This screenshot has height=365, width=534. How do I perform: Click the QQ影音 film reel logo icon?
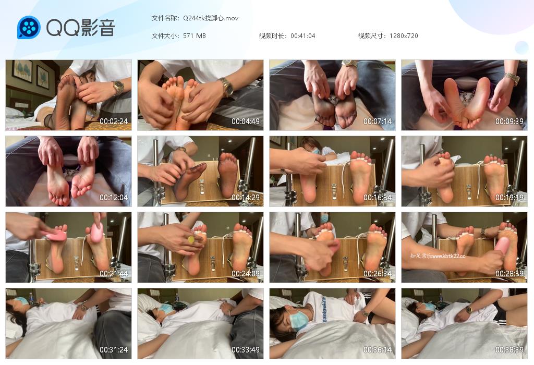29,28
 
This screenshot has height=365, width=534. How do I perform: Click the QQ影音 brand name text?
80,28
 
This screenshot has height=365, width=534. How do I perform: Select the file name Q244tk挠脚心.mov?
211,18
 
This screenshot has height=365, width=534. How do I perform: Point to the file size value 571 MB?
195,36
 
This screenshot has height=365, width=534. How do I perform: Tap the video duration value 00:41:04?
302,36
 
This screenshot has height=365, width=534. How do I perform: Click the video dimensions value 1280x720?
404,36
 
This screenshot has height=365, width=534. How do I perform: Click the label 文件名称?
165,18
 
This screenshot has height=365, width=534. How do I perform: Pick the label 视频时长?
272,36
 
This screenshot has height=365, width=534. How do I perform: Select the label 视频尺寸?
371,36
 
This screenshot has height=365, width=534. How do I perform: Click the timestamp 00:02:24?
114,121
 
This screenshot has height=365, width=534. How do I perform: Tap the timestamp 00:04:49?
246,121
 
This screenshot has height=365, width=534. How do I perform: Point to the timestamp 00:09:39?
509,121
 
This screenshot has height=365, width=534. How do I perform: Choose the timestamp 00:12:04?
114,198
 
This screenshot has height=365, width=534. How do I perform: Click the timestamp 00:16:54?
378,198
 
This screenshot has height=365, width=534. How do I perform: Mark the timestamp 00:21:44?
114,274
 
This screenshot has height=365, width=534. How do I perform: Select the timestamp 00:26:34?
378,274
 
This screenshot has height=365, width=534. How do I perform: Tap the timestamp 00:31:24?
114,350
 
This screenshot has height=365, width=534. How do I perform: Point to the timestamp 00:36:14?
378,350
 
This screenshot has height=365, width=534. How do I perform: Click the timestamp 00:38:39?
509,350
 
